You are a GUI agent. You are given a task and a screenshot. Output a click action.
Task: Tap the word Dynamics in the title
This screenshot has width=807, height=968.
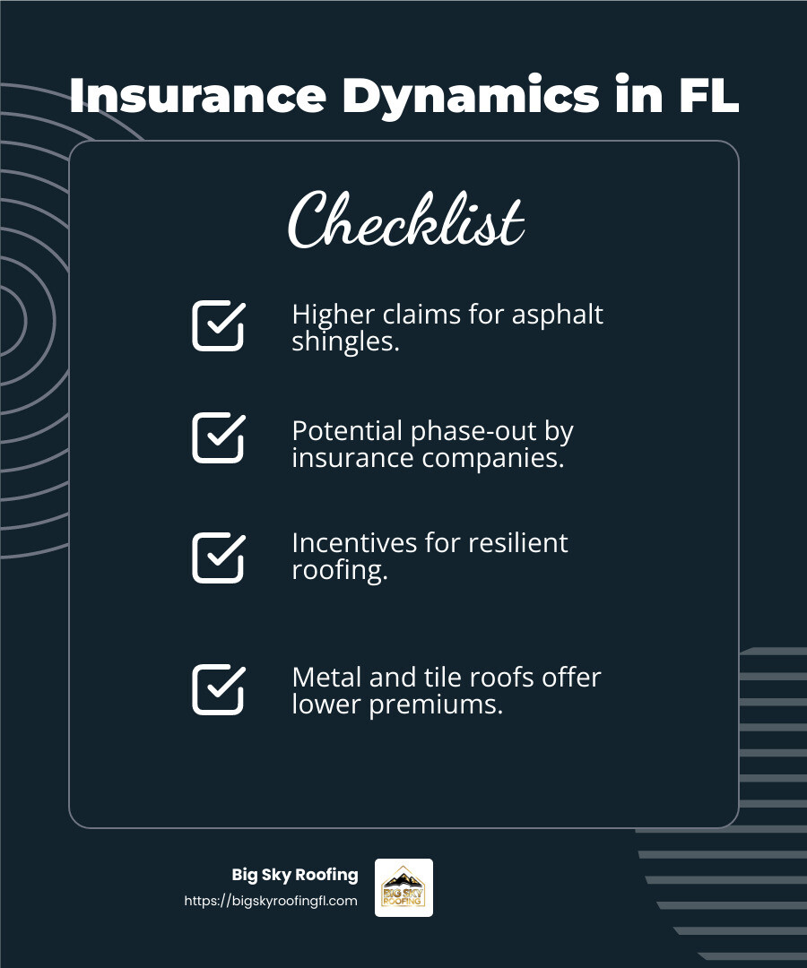coord(469,96)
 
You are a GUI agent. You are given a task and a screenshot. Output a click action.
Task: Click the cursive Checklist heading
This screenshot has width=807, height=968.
coord(405,220)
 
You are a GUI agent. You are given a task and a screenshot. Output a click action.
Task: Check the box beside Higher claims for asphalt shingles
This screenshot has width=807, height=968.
coord(218,325)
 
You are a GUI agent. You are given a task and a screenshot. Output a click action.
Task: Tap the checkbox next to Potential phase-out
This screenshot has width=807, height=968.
coord(218,437)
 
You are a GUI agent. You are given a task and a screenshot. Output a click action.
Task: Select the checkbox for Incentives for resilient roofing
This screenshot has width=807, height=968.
coord(218,557)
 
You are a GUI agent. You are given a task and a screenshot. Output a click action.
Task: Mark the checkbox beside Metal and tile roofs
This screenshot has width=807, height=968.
coord(218,689)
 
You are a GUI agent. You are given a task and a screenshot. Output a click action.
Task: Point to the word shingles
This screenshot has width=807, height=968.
coord(344,341)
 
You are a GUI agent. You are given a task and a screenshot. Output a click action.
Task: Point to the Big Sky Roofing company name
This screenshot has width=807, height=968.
coord(294,875)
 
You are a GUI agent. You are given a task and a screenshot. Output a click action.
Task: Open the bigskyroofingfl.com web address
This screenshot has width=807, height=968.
coord(271,901)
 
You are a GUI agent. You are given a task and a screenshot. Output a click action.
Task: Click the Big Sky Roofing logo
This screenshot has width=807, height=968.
coord(403,887)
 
